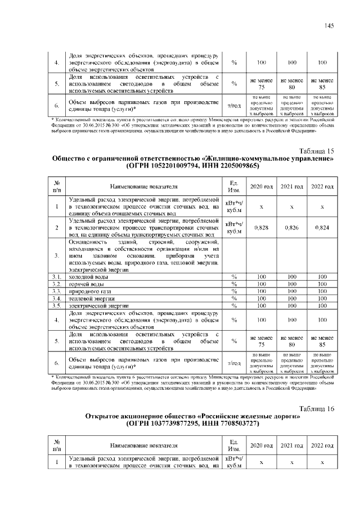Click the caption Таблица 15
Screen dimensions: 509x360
point(315,151)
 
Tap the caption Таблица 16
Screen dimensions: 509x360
point(315,408)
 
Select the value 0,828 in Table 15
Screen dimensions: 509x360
point(262,228)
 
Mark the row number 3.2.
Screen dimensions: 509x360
point(56,284)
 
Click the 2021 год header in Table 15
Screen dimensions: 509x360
point(292,186)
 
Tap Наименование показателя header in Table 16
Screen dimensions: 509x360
point(144,445)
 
